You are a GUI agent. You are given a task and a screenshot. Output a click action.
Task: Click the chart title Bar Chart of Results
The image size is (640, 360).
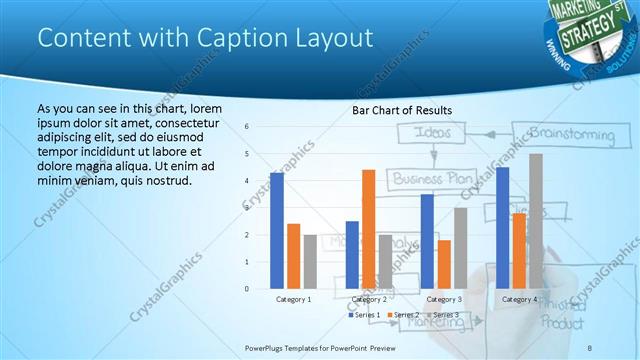402,109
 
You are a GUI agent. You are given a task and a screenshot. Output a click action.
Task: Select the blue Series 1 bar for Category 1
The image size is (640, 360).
277,231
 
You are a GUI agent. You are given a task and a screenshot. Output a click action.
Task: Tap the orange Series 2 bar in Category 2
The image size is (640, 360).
368,229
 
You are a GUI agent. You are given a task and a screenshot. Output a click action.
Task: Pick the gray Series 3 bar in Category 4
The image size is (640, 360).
536,221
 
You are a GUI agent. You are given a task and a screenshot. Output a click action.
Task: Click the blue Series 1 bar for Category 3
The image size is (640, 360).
427,241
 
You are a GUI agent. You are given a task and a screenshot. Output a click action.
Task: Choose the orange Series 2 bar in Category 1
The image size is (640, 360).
293,256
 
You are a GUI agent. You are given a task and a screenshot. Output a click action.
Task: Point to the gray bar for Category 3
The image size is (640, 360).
460,248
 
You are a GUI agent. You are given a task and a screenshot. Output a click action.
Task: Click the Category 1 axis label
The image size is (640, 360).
293,299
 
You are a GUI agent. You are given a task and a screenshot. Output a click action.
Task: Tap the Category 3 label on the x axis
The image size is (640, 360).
444,299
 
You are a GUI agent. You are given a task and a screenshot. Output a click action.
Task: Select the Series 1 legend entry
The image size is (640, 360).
364,316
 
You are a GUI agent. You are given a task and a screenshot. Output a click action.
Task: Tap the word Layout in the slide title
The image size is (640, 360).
337,38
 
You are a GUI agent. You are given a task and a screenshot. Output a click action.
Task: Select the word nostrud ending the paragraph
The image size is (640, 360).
163,180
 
